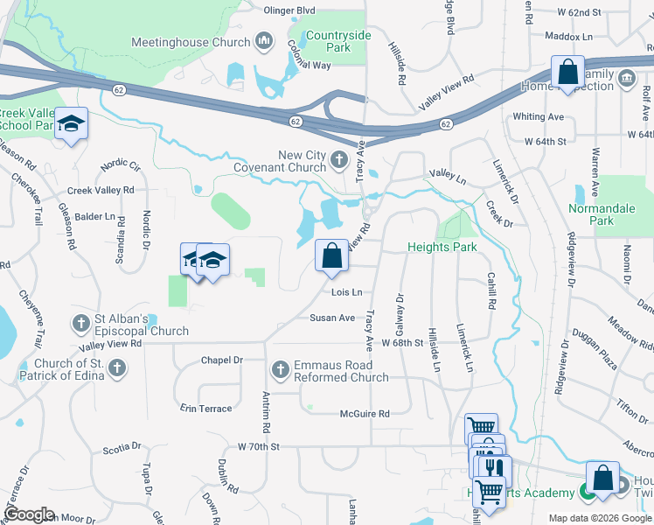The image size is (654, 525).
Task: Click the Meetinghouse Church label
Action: pyautogui.click(x=190, y=41)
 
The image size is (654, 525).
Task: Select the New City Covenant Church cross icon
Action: pyautogui.click(x=340, y=160)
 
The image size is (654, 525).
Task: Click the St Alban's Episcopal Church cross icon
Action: pyautogui.click(x=80, y=324)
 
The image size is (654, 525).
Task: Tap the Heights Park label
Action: pyautogui.click(x=442, y=248)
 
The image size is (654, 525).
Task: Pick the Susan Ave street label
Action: pyautogui.click(x=332, y=318)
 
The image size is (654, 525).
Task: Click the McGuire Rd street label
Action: pyautogui.click(x=365, y=414)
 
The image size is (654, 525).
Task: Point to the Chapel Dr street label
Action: pyautogui.click(x=221, y=360)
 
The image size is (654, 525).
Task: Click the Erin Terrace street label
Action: pyautogui.click(x=206, y=409)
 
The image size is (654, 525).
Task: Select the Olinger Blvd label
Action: pyautogui.click(x=289, y=10)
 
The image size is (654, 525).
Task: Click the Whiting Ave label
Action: pyautogui.click(x=539, y=116)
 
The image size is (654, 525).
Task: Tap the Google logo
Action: pyautogui.click(x=30, y=514)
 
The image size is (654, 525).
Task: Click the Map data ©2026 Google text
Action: pyautogui.click(x=600, y=518)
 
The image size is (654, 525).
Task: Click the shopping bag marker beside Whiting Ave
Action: pyautogui.click(x=567, y=73)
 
